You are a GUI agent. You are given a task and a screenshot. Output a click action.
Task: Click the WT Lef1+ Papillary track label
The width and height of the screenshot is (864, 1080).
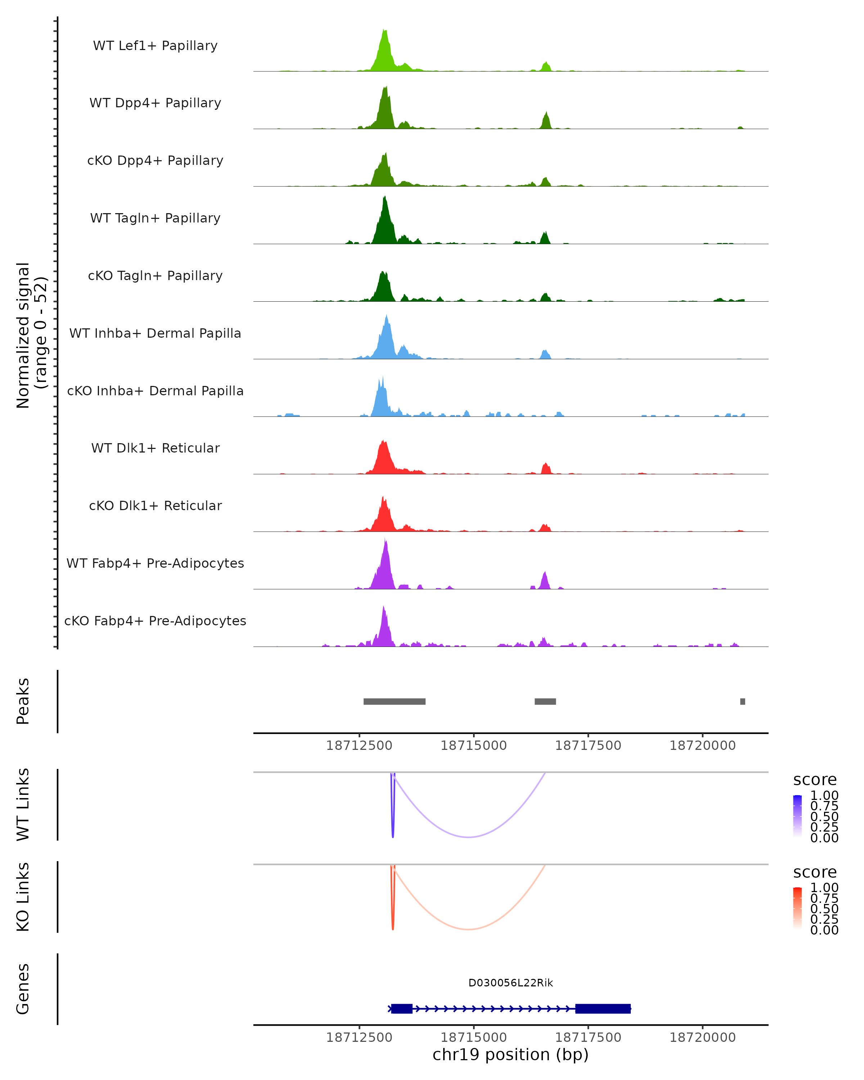point(155,46)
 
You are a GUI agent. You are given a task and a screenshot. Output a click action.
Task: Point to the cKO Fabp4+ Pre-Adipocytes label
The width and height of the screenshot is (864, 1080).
point(155,621)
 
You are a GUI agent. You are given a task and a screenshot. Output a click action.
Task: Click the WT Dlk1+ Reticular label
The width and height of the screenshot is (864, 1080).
point(155,448)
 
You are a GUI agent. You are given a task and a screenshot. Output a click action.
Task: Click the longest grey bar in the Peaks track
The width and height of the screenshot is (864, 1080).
point(394,701)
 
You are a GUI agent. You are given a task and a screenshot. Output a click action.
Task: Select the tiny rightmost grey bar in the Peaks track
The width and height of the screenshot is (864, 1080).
point(742,701)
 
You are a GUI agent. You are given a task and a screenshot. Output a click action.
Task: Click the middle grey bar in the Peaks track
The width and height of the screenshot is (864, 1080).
point(545,701)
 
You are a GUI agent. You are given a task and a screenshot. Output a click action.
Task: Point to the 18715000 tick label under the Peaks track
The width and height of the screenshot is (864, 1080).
point(473,746)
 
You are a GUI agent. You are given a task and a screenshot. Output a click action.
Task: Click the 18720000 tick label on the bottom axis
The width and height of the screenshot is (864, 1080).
point(702,1038)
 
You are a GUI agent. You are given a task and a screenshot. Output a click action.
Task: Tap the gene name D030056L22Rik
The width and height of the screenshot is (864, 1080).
point(510,983)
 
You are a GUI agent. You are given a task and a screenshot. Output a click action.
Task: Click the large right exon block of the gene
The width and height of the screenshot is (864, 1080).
point(603,1008)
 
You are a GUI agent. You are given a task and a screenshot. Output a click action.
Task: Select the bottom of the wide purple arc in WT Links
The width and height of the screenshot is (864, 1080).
point(468,837)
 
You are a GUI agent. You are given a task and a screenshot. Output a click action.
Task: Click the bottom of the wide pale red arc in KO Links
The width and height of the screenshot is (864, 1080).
point(468,929)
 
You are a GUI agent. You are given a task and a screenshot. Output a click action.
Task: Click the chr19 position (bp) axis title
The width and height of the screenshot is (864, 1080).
point(510,1054)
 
